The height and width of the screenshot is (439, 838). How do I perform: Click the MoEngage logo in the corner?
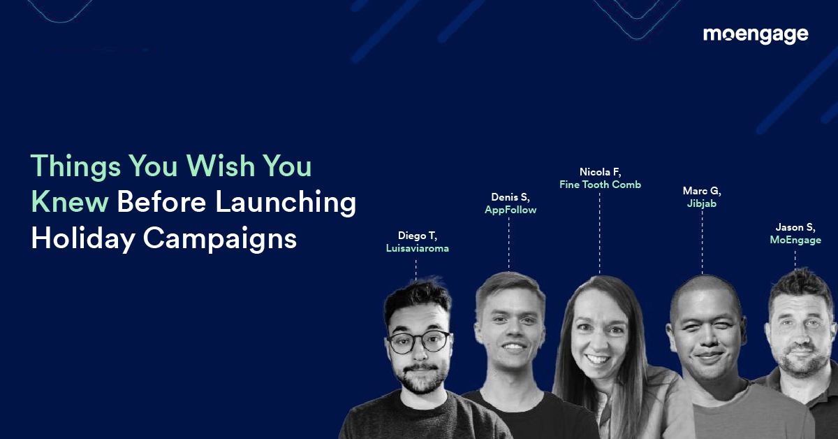point(755,35)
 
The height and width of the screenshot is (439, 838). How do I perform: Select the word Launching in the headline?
point(286,203)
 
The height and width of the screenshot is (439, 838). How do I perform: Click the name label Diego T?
point(417,236)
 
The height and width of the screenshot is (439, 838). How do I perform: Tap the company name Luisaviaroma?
point(417,248)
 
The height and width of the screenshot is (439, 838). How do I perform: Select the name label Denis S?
point(510,197)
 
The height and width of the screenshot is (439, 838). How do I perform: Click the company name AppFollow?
point(510,210)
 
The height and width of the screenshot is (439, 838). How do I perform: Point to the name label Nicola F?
point(600,172)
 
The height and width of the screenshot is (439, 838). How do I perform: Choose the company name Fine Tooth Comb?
point(600,185)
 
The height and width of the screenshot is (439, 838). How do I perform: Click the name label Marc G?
point(702,191)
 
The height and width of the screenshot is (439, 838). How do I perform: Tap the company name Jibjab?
point(702,203)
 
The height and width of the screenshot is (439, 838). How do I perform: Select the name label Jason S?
point(795,227)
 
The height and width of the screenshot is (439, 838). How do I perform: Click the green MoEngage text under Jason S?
point(795,240)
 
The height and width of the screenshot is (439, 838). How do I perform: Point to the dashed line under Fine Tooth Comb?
point(600,231)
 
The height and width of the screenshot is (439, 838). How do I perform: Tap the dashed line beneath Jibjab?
point(702,241)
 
